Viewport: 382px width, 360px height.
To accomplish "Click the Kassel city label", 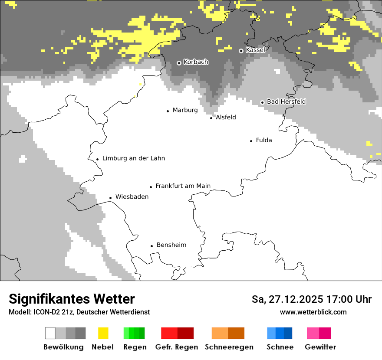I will pos(255,50).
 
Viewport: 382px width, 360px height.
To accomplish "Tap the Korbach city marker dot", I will pos(179,63).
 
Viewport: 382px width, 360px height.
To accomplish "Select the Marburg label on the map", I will pos(185,110).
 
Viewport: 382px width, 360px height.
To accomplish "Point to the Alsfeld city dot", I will pos(211,118).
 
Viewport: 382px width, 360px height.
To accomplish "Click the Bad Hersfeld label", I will pos(286,101).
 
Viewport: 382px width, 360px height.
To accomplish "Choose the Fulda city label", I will pos(264,140).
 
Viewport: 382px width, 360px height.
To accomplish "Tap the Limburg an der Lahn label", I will pos(133,158).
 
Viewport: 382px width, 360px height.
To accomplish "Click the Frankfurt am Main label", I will pos(183,186).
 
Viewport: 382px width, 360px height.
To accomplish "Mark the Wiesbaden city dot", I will pos(111,198).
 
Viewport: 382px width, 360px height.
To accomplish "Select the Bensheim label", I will pos(171,245).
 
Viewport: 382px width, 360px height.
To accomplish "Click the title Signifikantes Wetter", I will pos(72,299).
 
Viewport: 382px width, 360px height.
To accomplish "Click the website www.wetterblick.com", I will pos(313,312).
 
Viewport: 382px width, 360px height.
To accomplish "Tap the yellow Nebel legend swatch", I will pos(103,333).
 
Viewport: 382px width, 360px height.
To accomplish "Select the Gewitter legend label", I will pos(320,347).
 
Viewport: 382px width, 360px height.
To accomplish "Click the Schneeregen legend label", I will pos(229,347).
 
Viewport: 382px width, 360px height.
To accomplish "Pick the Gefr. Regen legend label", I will pos(177,347).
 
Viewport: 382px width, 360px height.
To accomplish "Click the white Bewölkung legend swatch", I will pos(50,333).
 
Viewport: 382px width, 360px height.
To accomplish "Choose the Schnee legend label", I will pos(280,347).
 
